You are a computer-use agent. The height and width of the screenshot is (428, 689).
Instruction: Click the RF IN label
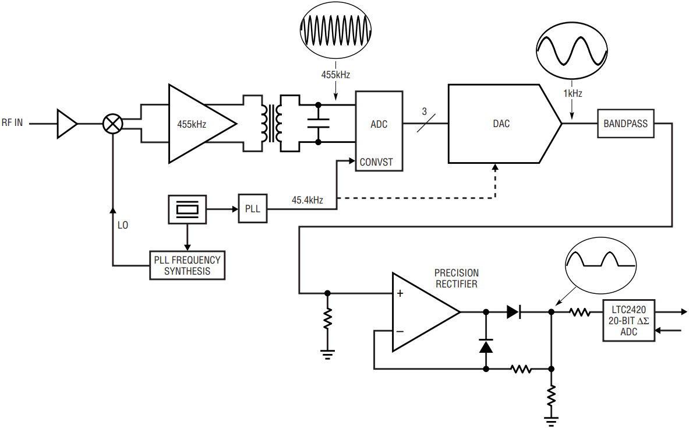[12, 122]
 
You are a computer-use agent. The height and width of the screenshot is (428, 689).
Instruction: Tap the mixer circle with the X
[112, 124]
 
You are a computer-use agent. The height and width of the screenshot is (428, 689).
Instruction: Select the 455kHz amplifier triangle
[203, 124]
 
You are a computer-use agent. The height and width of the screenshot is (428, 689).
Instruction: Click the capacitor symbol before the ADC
[318, 123]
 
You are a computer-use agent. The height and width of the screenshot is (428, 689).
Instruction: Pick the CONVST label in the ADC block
[376, 162]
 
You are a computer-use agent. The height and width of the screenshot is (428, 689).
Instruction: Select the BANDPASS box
[626, 124]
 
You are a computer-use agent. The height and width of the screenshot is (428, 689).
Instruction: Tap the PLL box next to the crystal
[253, 209]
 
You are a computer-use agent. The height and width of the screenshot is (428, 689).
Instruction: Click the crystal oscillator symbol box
[187, 209]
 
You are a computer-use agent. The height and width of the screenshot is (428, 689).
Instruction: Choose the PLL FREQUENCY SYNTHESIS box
[187, 265]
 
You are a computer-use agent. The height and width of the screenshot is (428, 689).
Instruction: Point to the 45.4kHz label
[307, 201]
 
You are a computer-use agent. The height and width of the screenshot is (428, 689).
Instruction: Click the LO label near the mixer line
[122, 225]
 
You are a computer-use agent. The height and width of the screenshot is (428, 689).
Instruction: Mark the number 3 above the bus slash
[424, 112]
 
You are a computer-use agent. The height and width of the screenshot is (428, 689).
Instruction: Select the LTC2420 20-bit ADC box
[629, 321]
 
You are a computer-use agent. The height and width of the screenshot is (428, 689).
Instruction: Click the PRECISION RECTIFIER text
[457, 279]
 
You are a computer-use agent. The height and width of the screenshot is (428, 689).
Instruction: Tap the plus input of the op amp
[400, 293]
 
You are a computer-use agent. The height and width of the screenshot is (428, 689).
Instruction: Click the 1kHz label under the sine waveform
[573, 93]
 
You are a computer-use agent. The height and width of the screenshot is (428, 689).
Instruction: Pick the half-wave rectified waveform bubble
[600, 266]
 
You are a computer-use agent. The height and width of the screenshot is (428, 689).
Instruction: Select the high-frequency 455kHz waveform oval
[335, 30]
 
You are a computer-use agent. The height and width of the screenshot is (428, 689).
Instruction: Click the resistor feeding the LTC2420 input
[580, 312]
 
